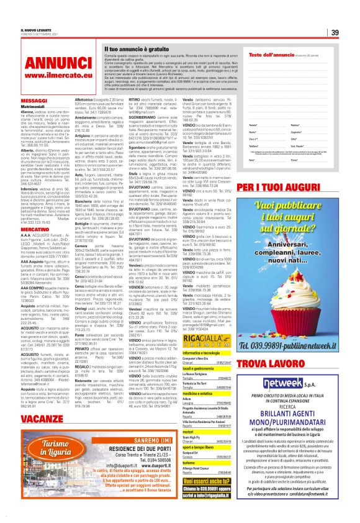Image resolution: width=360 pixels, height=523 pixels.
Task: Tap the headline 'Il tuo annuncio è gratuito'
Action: [134, 47]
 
